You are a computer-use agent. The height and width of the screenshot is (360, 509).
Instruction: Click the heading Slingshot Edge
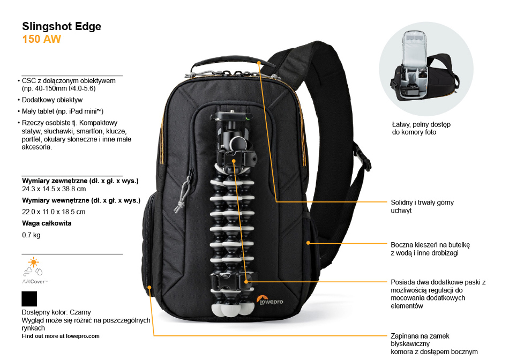62,27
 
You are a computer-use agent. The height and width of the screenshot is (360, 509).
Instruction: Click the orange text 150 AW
42,39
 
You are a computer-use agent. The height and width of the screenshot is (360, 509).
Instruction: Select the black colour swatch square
29,298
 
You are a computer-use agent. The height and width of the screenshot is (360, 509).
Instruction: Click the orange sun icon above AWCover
33,262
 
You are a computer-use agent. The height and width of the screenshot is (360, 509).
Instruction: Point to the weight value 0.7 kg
31,235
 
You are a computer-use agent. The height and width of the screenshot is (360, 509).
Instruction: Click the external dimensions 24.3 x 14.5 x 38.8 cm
54,189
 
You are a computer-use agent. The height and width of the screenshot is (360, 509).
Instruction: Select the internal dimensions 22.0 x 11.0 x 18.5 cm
54,212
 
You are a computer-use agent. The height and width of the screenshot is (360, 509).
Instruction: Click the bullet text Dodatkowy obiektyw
52,100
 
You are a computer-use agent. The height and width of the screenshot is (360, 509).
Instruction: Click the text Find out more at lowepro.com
61,336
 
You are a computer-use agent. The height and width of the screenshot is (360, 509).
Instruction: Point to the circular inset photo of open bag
426,69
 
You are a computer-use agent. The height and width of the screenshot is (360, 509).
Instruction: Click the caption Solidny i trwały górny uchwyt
422,206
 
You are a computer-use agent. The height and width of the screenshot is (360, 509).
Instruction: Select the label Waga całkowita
47,223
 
